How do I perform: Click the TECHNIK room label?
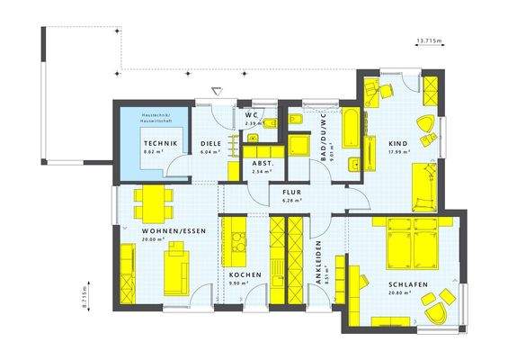160,143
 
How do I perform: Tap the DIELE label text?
211,143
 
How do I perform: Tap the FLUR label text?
290,193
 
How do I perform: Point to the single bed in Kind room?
422,185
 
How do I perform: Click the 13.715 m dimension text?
430,41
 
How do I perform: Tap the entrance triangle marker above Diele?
216,89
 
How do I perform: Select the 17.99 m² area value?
400,152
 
